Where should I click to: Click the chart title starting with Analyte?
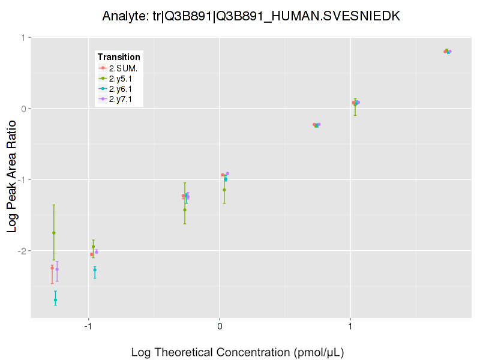click(x=251, y=16)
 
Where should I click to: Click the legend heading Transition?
click(x=119, y=57)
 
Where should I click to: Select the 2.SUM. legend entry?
click(x=122, y=68)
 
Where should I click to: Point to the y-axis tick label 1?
click(x=25, y=38)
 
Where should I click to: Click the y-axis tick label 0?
click(x=25, y=109)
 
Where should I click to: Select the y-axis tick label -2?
click(x=23, y=251)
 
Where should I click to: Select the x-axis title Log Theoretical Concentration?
click(x=238, y=352)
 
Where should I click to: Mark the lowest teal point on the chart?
click(x=55, y=300)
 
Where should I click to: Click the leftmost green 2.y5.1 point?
click(x=54, y=233)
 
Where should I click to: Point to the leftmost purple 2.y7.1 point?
click(x=57, y=269)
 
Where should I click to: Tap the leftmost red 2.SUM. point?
click(x=52, y=268)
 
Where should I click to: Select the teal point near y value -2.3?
click(x=95, y=270)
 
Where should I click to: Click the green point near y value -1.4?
click(x=185, y=210)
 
